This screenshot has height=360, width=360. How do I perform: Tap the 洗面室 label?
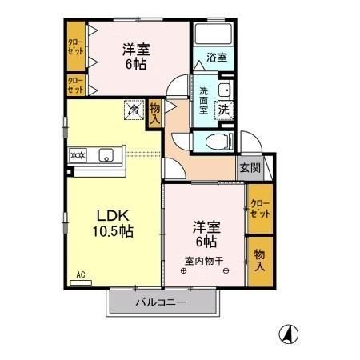pos(205,99)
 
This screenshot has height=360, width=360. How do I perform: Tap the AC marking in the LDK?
pos(80,275)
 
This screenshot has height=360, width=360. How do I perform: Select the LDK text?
pos(112,215)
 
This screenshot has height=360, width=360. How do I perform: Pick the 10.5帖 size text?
pos(112,231)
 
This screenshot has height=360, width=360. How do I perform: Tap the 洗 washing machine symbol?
pos(226,109)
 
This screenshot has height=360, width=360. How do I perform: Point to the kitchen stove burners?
pos(79,156)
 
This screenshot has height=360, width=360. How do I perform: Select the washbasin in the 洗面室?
pos(224,89)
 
